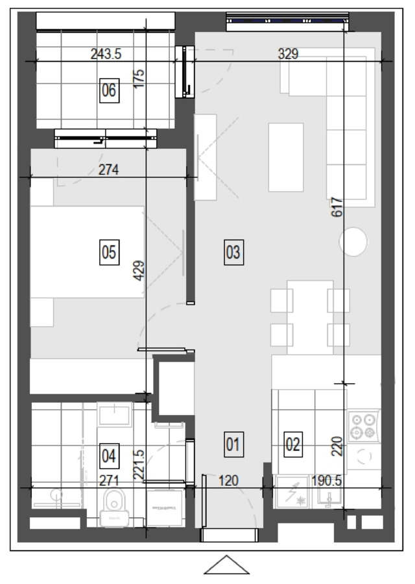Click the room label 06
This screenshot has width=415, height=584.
pos(110,90)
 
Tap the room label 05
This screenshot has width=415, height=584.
pos(110,253)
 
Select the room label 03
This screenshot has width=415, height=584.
pos(233,253)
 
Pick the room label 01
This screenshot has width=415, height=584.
pos(233,444)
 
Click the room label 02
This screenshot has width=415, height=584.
pos(292,444)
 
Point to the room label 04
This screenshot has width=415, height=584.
pos(110,456)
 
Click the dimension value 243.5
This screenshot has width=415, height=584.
pos(106,54)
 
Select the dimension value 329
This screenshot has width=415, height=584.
pos(288,54)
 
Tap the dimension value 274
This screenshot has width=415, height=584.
pos(108,170)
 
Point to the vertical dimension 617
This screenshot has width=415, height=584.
pos(337,207)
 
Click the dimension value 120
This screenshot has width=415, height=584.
pos(228,481)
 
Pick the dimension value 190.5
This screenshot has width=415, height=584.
pos(327,481)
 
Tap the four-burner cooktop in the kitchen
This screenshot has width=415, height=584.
pos(363,426)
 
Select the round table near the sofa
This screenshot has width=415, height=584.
pos(353,242)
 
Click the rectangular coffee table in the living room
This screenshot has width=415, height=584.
pos(286,158)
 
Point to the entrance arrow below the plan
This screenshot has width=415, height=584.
pos(226,565)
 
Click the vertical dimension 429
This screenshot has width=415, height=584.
pos(139,270)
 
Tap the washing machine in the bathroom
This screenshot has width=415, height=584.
pos(165,507)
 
